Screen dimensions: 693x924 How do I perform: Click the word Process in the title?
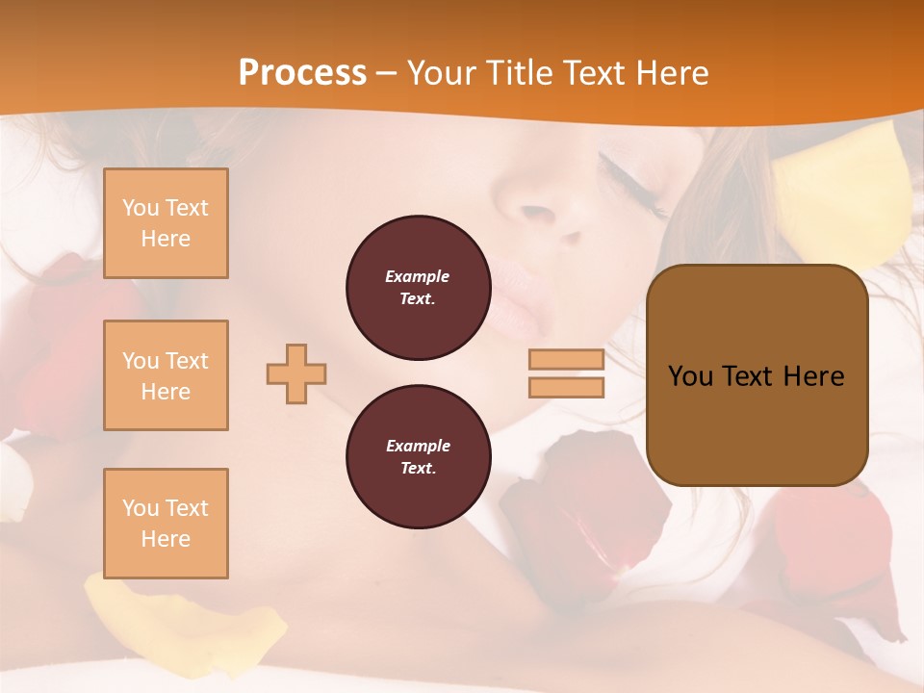coord(302,73)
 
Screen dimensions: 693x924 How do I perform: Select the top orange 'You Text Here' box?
coord(166,223)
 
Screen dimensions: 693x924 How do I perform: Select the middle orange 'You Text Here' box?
coord(166,375)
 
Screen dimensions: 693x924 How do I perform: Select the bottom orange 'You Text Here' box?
coord(166,524)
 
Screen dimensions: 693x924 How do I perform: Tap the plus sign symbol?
coord(296,373)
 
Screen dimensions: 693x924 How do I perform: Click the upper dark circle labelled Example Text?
coord(418,288)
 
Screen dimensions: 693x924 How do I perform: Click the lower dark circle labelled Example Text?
coord(418,457)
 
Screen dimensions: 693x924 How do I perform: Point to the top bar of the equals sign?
coord(566,359)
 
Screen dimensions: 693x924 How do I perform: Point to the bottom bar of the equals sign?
coord(566,387)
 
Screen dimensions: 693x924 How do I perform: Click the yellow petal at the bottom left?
coord(183,616)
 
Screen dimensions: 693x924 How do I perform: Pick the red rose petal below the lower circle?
coord(558,510)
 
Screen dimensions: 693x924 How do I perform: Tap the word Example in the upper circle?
coord(418,276)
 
